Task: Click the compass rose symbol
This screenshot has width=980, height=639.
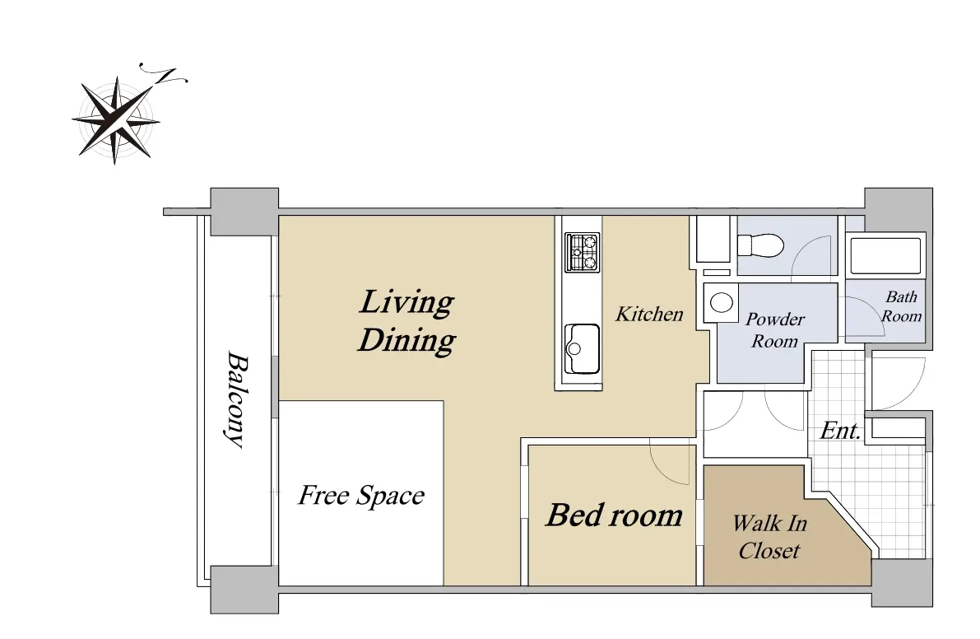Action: (x=116, y=119)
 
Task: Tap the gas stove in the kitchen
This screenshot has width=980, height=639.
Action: (x=582, y=252)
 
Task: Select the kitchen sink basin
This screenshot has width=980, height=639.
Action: (x=581, y=349)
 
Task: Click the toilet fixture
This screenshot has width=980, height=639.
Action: (x=760, y=245)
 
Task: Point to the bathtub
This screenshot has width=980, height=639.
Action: (x=885, y=255)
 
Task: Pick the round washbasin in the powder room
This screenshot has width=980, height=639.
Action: (x=722, y=302)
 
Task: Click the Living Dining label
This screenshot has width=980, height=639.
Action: (x=406, y=321)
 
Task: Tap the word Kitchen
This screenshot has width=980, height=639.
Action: (x=649, y=314)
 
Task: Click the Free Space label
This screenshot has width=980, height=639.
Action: (x=361, y=495)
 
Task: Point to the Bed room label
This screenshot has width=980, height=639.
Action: (x=615, y=515)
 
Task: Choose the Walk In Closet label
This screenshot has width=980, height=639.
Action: (x=769, y=536)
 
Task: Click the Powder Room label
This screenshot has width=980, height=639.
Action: (x=775, y=330)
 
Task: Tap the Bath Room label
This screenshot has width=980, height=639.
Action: (x=901, y=306)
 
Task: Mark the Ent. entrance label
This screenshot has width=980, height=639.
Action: (x=841, y=430)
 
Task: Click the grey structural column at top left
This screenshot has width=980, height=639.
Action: (x=244, y=212)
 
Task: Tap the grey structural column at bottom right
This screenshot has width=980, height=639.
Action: (x=902, y=583)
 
